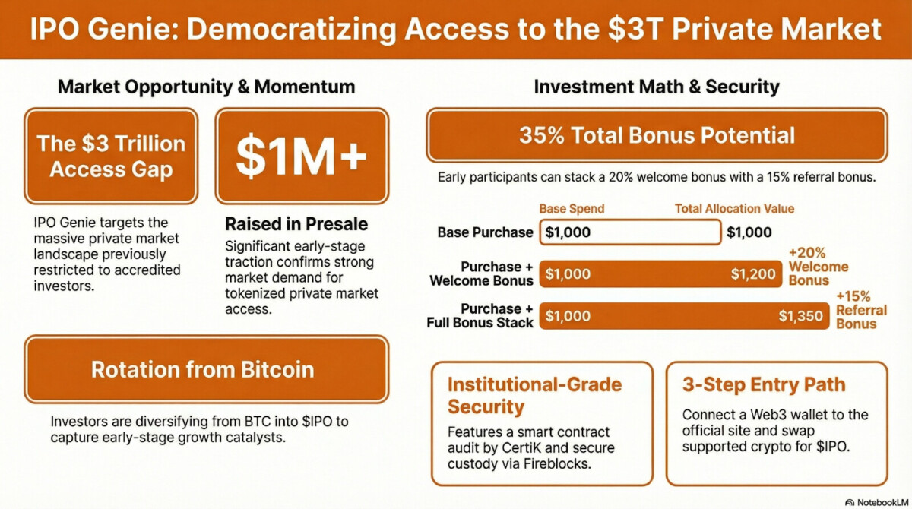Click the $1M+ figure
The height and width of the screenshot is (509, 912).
(x=301, y=156)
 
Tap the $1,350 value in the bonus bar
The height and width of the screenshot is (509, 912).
(x=800, y=316)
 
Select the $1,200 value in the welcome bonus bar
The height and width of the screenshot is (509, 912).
(x=753, y=273)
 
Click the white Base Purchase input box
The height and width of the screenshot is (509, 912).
(x=630, y=232)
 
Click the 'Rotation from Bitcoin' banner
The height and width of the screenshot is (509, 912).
(x=207, y=369)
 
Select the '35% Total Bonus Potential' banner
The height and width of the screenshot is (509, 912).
(x=657, y=135)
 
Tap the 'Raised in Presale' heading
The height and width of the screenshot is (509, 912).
(x=296, y=224)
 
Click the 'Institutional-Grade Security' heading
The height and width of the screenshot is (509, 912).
(x=534, y=396)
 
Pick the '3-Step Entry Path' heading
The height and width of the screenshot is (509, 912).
(x=764, y=384)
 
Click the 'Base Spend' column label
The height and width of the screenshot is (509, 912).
(x=572, y=209)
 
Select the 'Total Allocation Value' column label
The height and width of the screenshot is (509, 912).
(x=734, y=209)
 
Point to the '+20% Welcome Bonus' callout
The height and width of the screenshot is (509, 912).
(x=819, y=267)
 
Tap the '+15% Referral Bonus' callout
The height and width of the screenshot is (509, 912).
(x=862, y=310)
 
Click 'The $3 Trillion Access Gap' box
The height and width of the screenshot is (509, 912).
(x=111, y=156)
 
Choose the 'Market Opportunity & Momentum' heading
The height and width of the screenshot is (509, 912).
(x=207, y=87)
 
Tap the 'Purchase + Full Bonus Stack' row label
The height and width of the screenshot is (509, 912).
(x=480, y=316)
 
